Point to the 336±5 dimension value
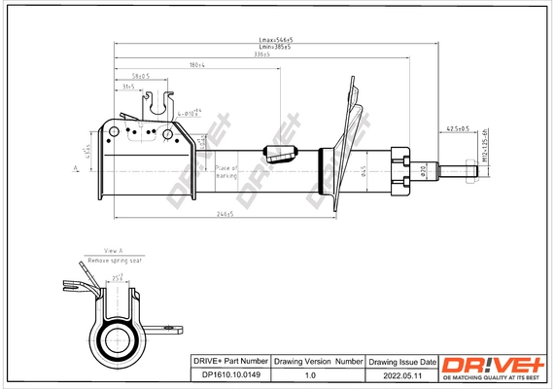point(261,56)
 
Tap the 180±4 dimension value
point(197,66)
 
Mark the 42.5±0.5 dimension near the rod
point(458,128)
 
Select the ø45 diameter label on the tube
point(363,172)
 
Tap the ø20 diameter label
point(423,171)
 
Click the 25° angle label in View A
point(118,278)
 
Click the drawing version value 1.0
point(311,374)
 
